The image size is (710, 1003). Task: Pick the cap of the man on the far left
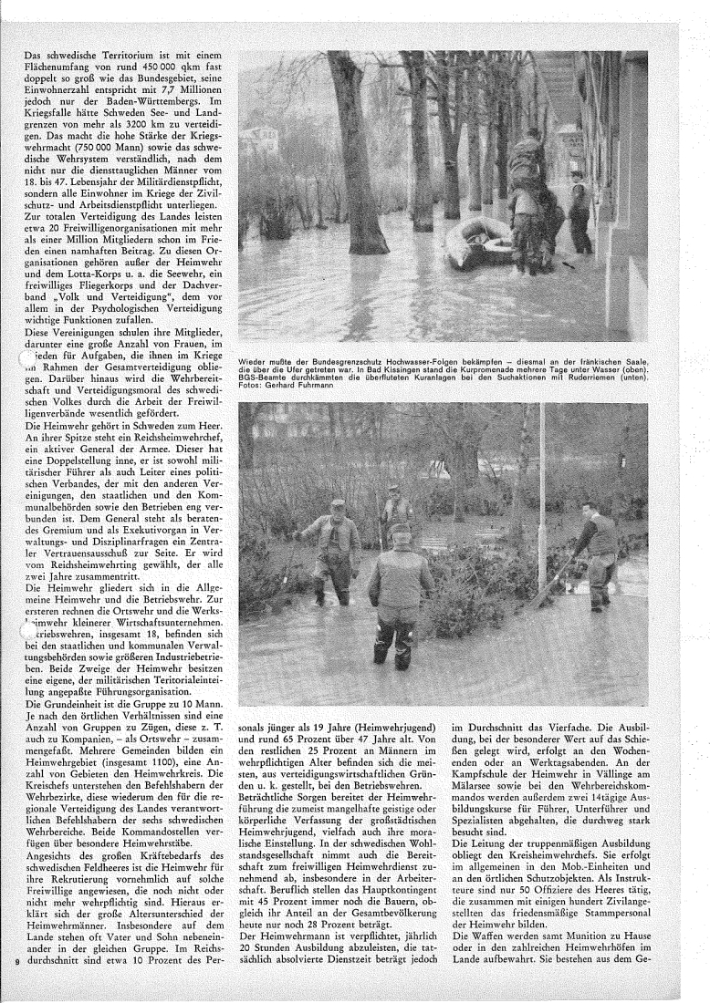[x=339, y=503]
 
